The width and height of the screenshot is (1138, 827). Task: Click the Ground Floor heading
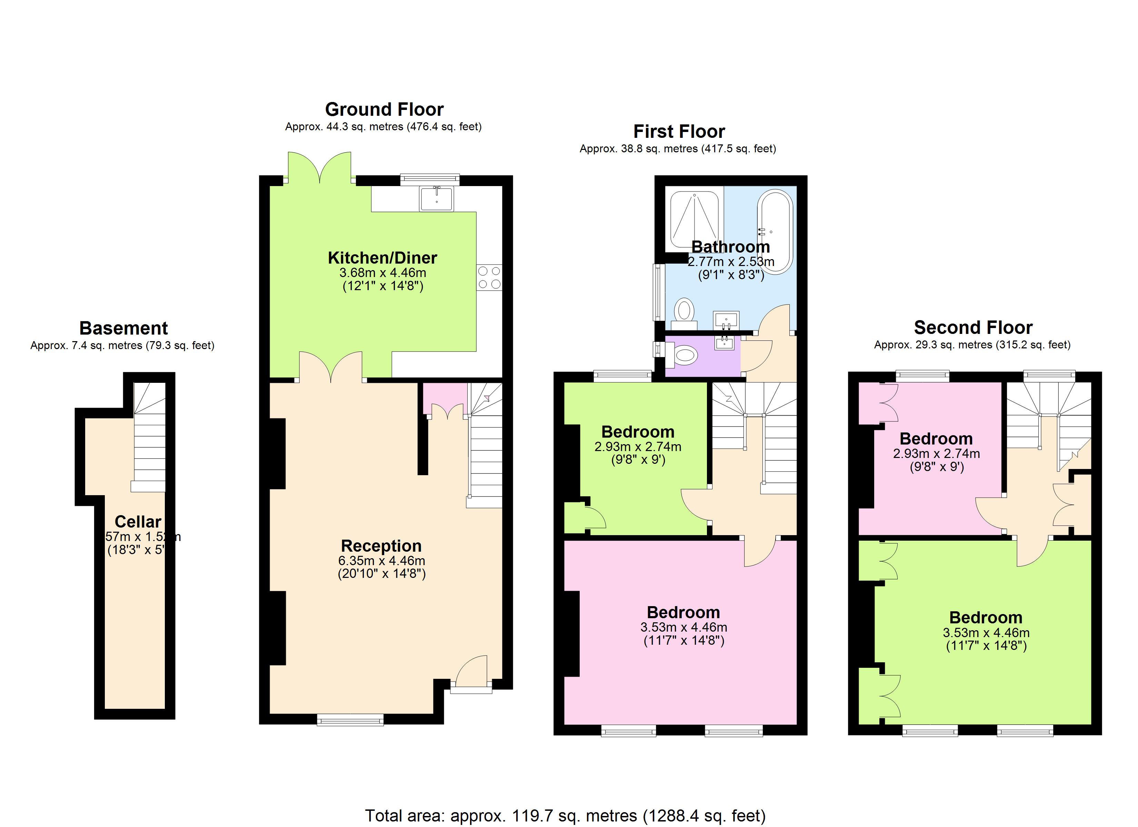point(385,109)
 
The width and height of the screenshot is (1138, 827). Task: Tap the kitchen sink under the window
point(437,198)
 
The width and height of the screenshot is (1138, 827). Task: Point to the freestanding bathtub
point(775,231)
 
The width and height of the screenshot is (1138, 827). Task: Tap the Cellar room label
point(138,522)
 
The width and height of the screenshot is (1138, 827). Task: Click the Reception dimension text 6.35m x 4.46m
point(381,561)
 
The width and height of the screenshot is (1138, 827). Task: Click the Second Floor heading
point(973,327)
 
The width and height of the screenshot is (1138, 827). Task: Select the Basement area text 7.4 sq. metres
point(122,346)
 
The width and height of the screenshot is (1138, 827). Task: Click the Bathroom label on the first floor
point(731,247)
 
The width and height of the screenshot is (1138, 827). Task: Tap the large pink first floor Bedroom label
point(683,612)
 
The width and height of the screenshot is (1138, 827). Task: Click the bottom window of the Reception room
point(350,721)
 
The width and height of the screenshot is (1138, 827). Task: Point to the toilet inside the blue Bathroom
point(684,311)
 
